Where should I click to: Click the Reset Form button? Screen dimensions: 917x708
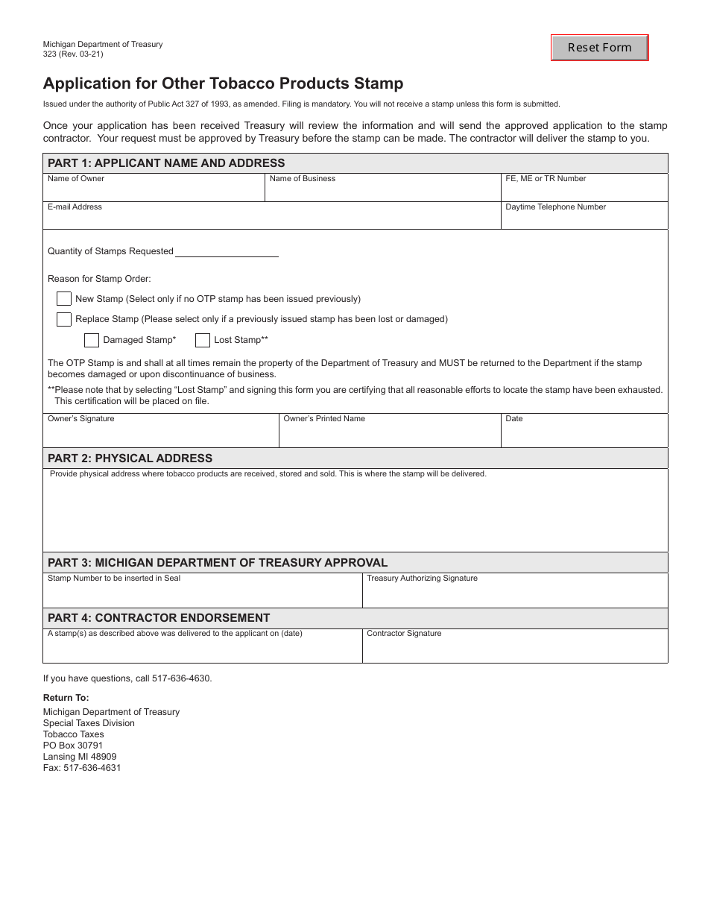coord(599,48)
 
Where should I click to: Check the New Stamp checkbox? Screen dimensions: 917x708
coord(64,299)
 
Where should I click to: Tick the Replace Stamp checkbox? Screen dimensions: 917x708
coord(64,319)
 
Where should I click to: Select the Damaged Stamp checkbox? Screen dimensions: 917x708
coord(92,340)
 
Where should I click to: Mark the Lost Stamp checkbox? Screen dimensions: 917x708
coord(203,340)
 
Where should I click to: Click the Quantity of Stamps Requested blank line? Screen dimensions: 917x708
coord(226,251)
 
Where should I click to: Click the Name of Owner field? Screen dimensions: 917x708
coord(154,191)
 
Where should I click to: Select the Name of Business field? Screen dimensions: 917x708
coord(382,191)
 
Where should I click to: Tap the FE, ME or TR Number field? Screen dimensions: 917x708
coord(584,191)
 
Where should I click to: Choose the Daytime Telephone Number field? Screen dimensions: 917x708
coord(584,218)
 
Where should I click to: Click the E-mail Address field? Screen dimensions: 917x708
coord(271,218)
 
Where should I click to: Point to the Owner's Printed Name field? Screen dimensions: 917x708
coord(389,434)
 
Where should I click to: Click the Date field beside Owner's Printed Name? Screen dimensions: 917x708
coord(584,434)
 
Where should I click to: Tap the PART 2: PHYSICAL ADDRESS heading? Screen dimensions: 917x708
coord(130,458)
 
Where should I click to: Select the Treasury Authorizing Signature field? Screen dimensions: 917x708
coord(514,594)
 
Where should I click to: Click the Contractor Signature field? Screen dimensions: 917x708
coord(514,649)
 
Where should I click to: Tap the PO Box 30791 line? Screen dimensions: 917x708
coord(73,746)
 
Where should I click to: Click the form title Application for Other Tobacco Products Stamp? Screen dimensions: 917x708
coord(223,83)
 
